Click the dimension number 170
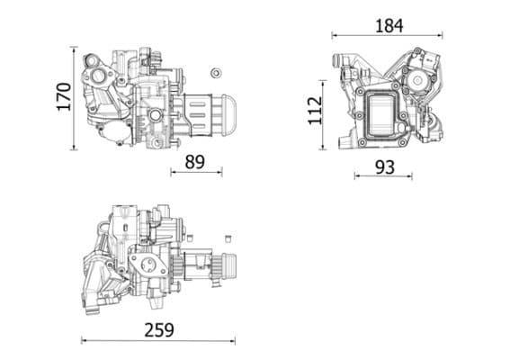click(63, 96)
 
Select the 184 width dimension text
click(388, 25)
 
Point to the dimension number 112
click(315, 111)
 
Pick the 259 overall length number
click(158, 329)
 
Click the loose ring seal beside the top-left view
click(215, 72)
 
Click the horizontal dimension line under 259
click(158, 341)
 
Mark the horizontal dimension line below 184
click(388, 36)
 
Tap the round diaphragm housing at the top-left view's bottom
click(115, 134)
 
